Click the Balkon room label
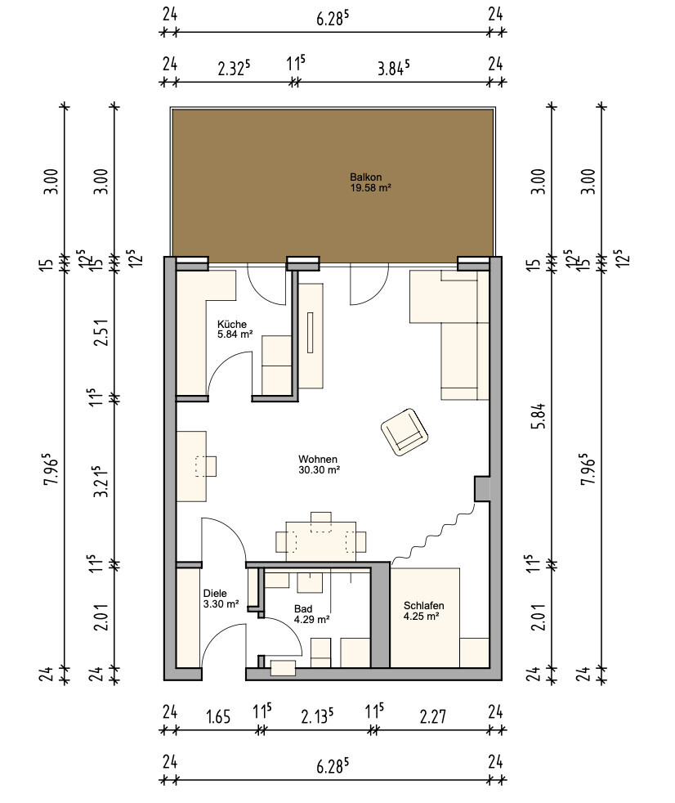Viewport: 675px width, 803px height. [370, 182]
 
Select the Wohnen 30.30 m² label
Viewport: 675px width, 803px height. [320, 464]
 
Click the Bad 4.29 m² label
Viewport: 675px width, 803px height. [311, 614]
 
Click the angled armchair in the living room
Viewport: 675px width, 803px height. [405, 432]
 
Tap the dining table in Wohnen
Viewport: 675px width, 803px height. [321, 541]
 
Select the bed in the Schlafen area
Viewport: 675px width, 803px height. [425, 617]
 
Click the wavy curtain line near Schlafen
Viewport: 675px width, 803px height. [433, 534]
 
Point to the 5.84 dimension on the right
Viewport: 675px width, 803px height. [540, 416]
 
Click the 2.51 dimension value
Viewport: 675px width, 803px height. [102, 332]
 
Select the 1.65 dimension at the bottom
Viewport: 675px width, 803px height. [218, 716]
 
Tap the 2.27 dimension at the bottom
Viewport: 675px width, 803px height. [433, 716]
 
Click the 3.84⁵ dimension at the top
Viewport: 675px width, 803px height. [393, 68]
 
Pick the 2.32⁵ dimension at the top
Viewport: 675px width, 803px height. [234, 68]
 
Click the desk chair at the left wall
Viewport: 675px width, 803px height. [206, 466]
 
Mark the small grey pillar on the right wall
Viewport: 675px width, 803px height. [482, 488]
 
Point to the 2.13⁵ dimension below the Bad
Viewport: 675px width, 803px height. [317, 716]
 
